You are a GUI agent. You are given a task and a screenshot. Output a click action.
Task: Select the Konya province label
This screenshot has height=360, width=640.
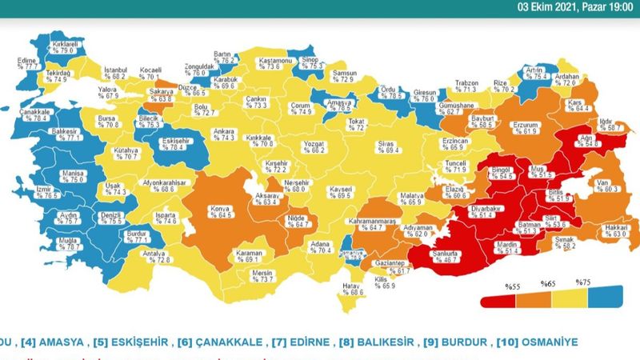click(x=220, y=211)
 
